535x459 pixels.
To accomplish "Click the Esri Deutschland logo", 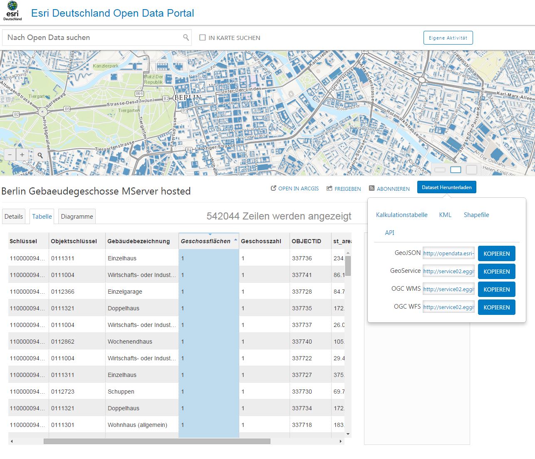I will coord(12,11).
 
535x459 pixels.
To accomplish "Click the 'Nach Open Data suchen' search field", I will coord(94,37).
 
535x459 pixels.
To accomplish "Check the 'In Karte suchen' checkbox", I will coord(203,37).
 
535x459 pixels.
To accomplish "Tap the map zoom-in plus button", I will coord(22,155).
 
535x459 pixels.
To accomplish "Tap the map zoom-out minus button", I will coord(10,155).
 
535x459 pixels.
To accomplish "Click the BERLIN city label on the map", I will coord(188,97).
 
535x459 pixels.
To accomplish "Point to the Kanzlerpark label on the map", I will coord(106,66).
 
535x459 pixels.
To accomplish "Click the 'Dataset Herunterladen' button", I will coord(446,187).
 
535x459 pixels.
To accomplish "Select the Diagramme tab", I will coord(77,217).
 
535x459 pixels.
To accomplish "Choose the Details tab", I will coord(14,217).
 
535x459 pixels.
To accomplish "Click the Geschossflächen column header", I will coord(206,241).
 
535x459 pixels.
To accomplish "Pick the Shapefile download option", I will coord(476,215).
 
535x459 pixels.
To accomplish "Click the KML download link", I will coord(445,215).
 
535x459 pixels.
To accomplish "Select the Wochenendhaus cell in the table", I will coord(130,342).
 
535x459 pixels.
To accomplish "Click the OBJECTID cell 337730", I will coord(302,392).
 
